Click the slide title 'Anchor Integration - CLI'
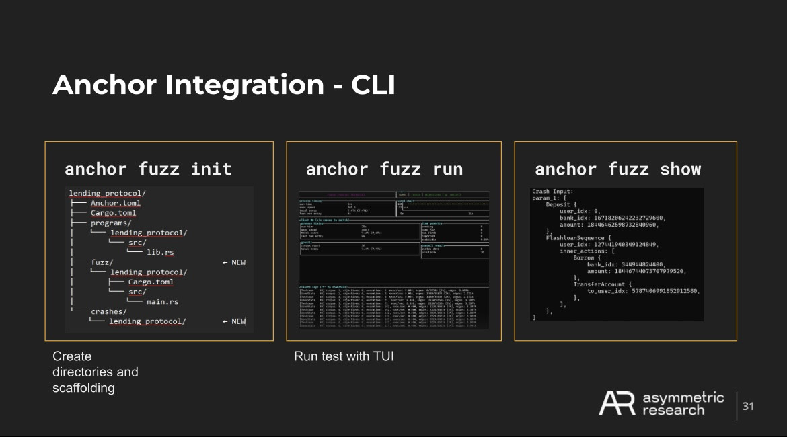coord(223,85)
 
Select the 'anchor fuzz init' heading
coord(148,169)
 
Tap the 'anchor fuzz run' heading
coord(384,169)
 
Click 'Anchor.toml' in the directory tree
coord(115,203)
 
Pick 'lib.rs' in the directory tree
coord(160,252)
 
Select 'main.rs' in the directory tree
coord(162,301)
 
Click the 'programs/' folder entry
coord(111,223)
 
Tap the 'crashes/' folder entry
coord(109,311)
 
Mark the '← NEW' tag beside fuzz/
coord(233,262)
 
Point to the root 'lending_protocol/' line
coord(108,194)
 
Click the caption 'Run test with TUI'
coord(344,356)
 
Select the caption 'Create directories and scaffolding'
coord(95,372)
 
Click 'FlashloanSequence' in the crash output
coord(580,237)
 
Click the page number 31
coord(748,406)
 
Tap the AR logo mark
coord(617,403)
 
